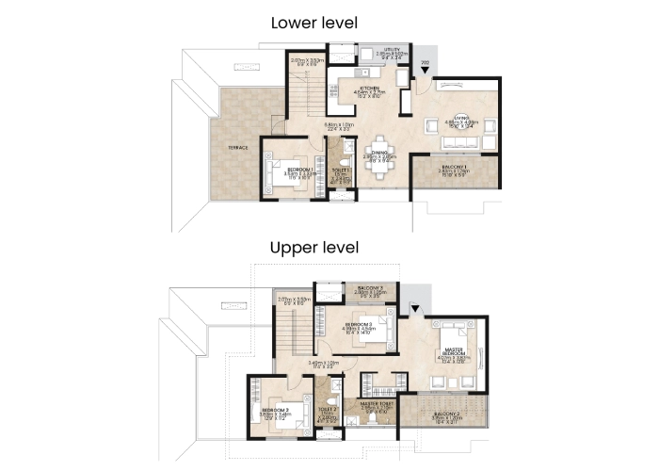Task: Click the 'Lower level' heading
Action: click(x=313, y=23)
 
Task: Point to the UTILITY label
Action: click(x=394, y=49)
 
